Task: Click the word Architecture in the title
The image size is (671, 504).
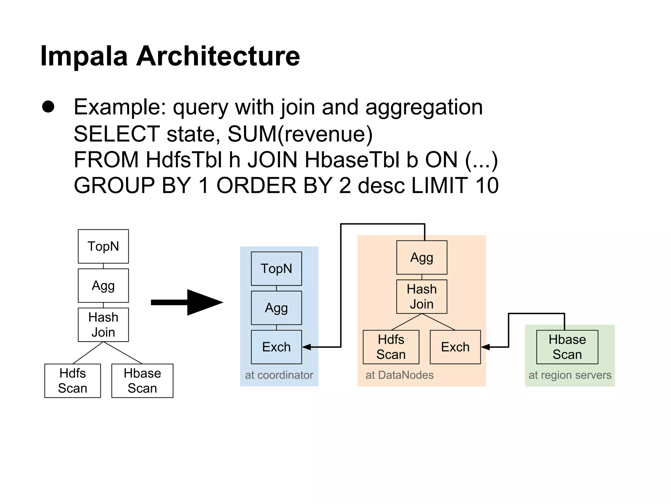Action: tap(218, 56)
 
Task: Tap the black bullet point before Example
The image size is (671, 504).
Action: tap(48, 107)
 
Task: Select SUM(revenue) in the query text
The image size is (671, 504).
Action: tap(300, 134)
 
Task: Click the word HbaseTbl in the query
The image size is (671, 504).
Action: tap(352, 160)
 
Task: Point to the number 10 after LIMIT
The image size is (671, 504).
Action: tap(487, 185)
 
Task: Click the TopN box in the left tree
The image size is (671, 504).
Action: tap(103, 246)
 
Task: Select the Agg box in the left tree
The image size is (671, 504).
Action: tap(103, 285)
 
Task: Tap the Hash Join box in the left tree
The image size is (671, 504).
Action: tap(103, 325)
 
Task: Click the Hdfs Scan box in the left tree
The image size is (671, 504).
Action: tap(72, 381)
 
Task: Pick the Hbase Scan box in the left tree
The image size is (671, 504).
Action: tap(142, 381)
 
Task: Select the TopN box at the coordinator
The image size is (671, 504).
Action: tap(276, 268)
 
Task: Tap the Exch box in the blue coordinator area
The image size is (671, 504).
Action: tap(276, 347)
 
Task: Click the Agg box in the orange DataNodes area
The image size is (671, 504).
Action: tap(422, 258)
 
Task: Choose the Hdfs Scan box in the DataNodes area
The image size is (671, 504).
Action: tap(391, 347)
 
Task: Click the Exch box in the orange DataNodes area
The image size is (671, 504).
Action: tap(455, 347)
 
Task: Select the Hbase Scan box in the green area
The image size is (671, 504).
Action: tap(567, 347)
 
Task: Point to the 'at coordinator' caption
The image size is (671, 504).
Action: tap(279, 375)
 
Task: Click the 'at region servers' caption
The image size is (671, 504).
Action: tap(570, 375)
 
